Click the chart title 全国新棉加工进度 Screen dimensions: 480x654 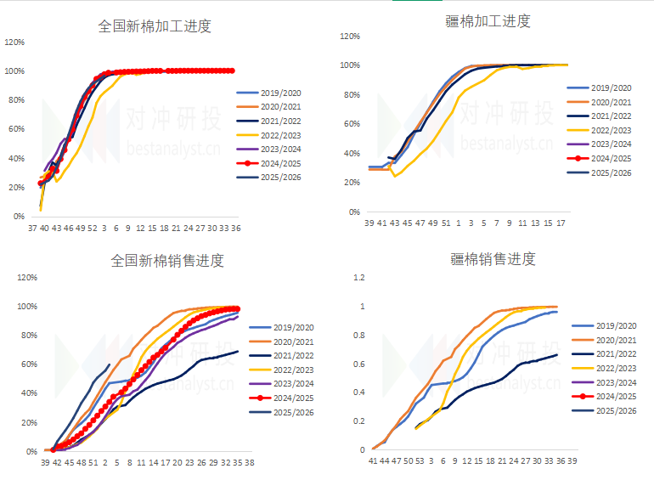point(155,26)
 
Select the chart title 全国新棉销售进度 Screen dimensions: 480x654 point(167,260)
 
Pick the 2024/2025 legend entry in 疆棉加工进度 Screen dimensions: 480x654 point(611,158)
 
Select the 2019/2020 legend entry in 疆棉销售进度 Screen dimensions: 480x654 point(615,325)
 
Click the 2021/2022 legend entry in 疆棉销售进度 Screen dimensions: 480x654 point(615,353)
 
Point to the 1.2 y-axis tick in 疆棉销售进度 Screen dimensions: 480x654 point(359,277)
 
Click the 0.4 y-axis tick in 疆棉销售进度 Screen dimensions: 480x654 point(359,392)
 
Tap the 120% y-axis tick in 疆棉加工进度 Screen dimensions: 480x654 point(350,37)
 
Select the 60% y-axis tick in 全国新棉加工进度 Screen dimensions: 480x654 point(14,129)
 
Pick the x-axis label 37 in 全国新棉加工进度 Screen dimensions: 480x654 point(32,228)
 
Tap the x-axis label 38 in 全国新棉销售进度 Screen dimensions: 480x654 point(251,463)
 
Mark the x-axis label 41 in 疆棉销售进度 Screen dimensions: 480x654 point(373,460)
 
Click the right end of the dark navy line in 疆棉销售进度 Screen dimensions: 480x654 point(557,354)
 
